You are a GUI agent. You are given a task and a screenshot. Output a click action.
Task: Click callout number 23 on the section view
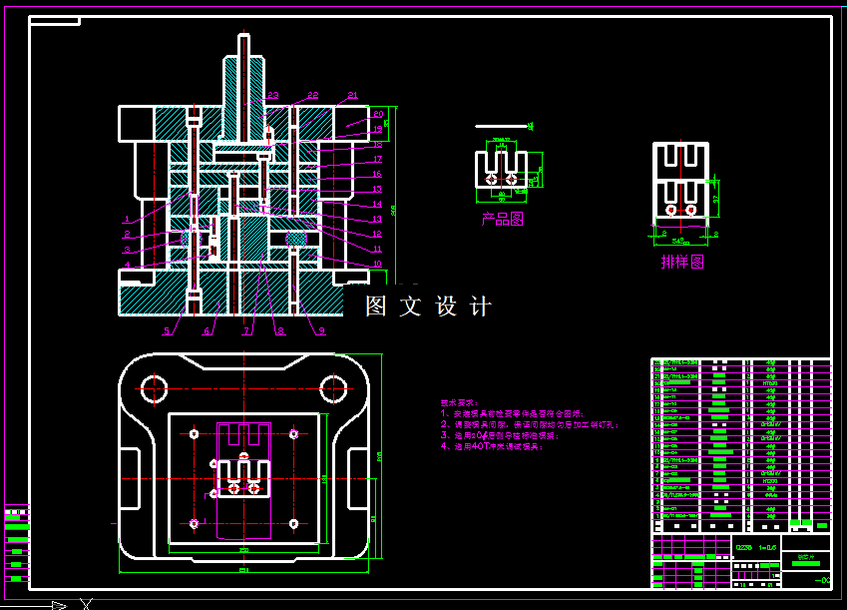[272, 96]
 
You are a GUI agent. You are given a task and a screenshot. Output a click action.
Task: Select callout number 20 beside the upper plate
[378, 115]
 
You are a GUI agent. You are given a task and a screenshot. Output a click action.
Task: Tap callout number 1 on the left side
[127, 218]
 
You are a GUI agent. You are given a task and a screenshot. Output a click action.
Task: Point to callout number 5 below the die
[167, 330]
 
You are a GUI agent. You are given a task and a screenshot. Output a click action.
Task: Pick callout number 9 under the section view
[322, 330]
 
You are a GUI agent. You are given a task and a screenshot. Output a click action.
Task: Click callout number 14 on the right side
[377, 204]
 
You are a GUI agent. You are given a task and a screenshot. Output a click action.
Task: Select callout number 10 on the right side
[377, 265]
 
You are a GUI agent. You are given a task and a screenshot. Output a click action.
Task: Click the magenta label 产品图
[502, 219]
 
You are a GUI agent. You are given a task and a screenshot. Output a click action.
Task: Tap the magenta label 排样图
[682, 263]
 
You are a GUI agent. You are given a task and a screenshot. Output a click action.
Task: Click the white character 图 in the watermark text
[376, 306]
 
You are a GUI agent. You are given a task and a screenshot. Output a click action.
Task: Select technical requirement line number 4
[494, 446]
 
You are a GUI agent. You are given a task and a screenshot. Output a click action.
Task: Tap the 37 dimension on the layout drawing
[715, 198]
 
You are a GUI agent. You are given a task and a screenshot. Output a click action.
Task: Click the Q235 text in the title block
[744, 547]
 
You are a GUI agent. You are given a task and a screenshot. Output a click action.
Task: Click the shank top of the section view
[244, 37]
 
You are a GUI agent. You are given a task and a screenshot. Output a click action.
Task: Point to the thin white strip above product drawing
[500, 126]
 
